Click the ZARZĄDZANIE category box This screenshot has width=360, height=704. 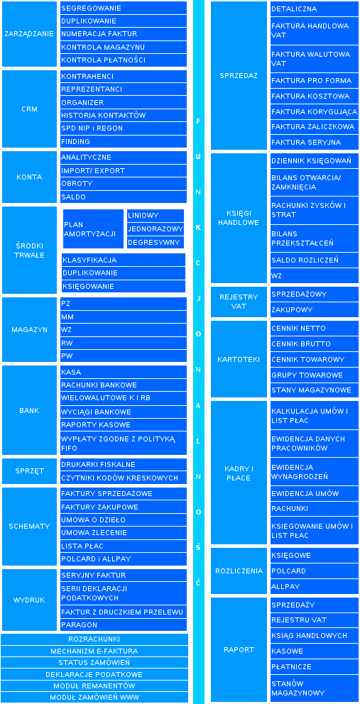pos(29,34)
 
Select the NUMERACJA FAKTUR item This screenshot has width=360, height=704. pos(123,34)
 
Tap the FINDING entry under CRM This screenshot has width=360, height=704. pos(123,141)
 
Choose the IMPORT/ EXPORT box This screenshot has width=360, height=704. pos(123,170)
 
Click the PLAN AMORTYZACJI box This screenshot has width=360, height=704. pos(93,229)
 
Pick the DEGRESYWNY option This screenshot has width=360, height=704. pos(156,243)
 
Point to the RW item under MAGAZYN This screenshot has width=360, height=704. pos(123,343)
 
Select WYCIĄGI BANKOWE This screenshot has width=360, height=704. pos(123,412)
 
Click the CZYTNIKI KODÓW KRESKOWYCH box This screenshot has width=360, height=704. pos(123,478)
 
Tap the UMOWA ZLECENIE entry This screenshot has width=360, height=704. pos(123,533)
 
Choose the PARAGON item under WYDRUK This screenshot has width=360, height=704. pos(123,625)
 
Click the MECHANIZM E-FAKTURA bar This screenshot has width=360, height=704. pos(94,651)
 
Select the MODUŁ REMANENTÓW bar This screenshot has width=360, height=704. pos(94,686)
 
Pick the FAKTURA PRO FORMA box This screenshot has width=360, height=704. pos(314,81)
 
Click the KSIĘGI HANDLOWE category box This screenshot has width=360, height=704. pos(239,218)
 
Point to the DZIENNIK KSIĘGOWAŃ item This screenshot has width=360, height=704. pos(314,160)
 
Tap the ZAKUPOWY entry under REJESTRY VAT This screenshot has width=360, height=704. pos(314,310)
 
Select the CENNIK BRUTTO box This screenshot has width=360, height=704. pos(314,344)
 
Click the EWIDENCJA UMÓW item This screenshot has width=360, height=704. pos(314,493)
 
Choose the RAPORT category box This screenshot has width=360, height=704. pos(239,649)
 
